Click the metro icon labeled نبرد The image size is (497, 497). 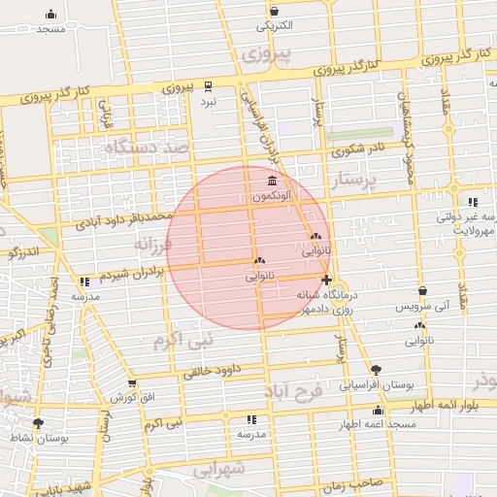(x=206, y=85)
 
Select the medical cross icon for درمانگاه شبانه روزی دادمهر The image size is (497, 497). (x=326, y=281)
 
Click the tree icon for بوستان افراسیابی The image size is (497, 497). (x=377, y=370)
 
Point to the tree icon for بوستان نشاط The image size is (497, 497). (x=38, y=424)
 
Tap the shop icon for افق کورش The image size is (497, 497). (x=132, y=383)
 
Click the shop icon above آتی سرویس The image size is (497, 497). (x=422, y=290)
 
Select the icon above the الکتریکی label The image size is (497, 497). (x=275, y=11)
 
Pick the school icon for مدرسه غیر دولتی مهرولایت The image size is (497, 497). (x=473, y=202)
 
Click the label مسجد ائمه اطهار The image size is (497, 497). (x=377, y=425)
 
